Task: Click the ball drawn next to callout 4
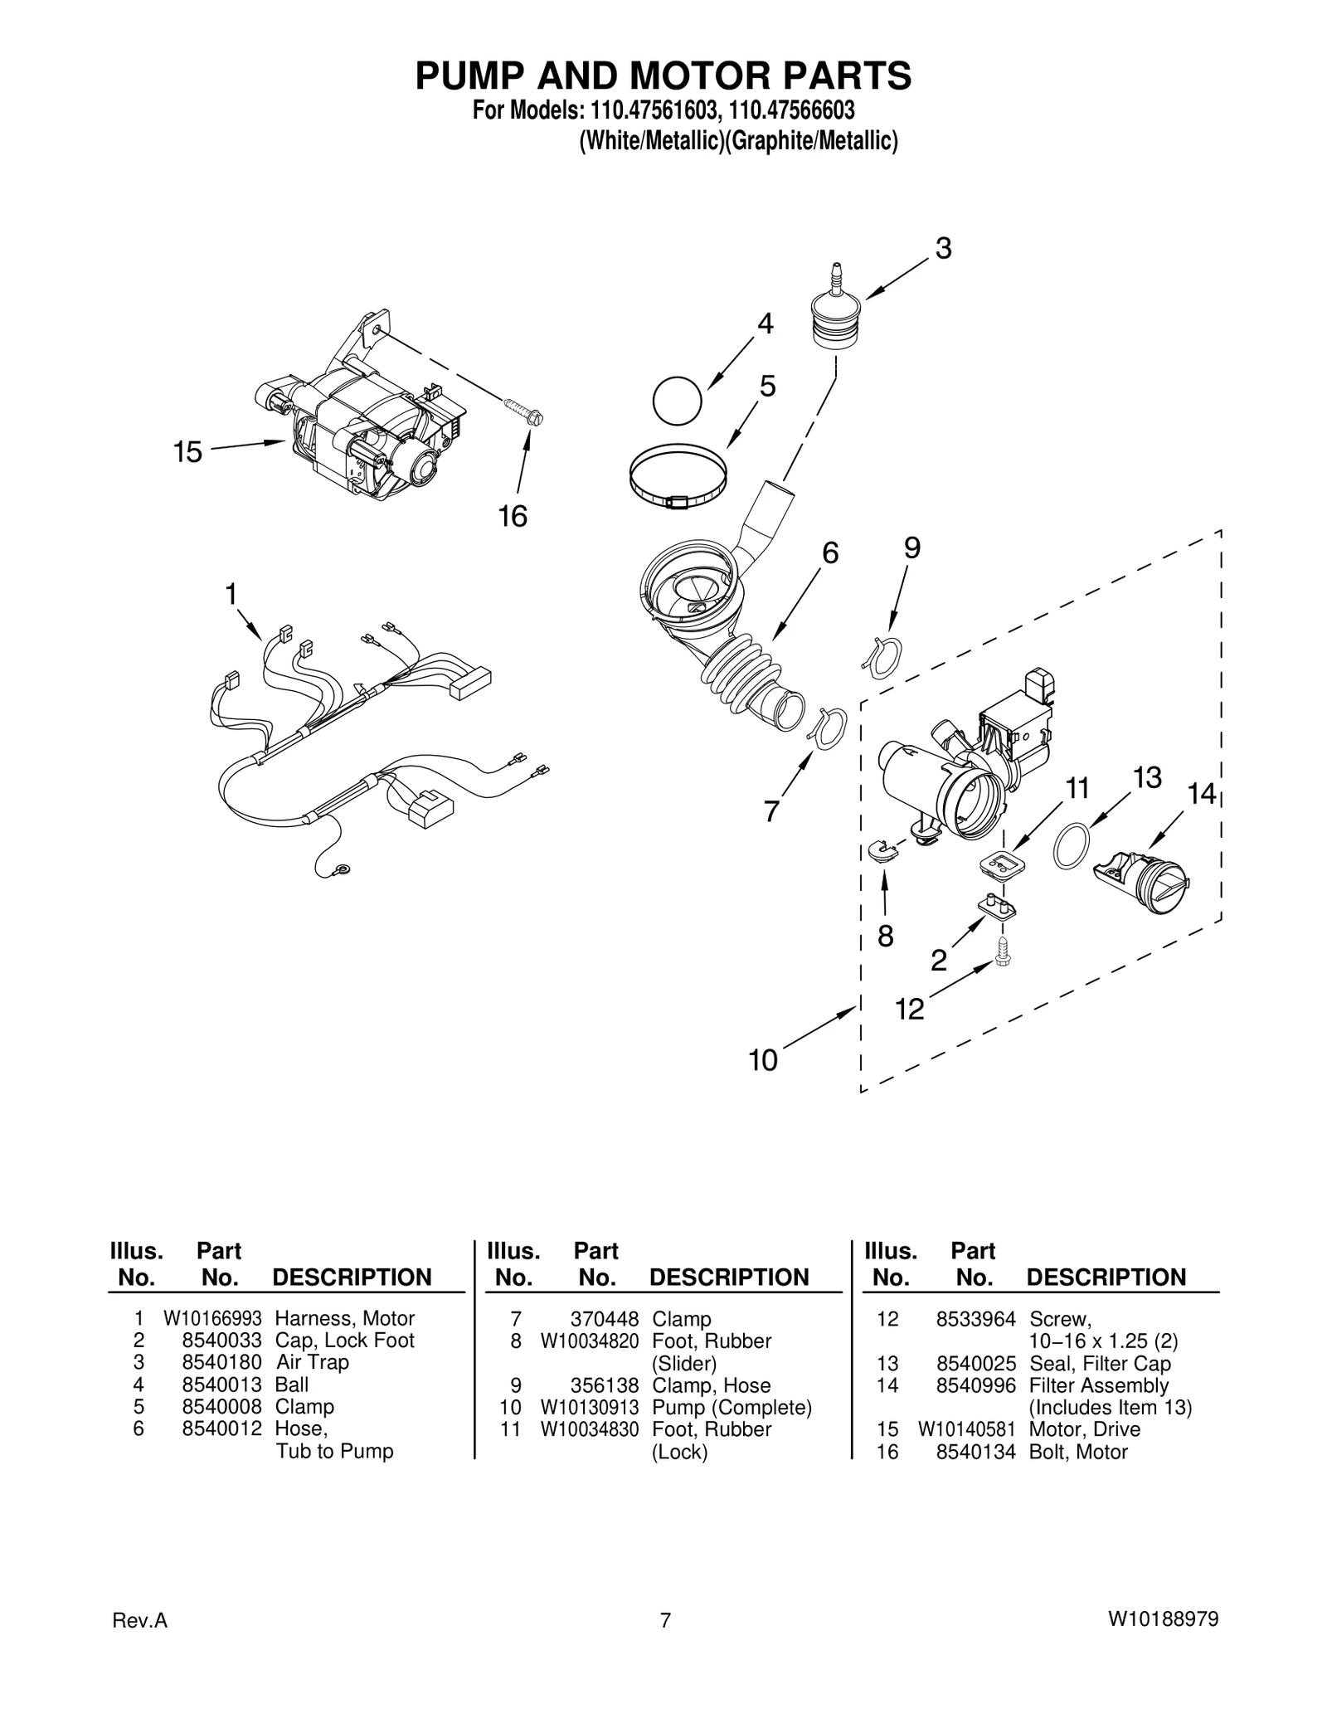(677, 401)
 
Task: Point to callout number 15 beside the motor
(187, 452)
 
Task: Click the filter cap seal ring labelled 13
(1070, 845)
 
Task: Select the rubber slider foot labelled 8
(882, 851)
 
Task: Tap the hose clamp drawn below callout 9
(882, 658)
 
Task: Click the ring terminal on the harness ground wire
(340, 870)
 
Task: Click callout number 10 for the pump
(763, 1060)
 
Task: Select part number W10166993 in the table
(212, 1318)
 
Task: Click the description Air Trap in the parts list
(312, 1362)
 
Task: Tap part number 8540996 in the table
(975, 1385)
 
